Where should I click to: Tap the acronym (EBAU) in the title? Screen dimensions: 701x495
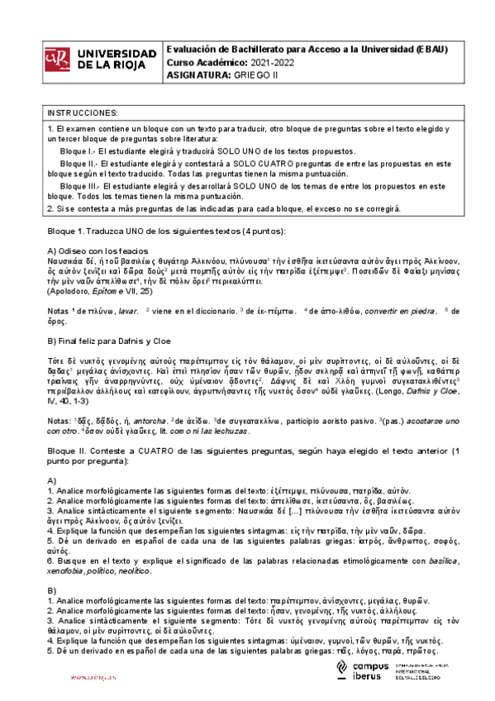[x=430, y=49]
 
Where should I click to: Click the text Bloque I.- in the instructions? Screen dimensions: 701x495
[x=79, y=152]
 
